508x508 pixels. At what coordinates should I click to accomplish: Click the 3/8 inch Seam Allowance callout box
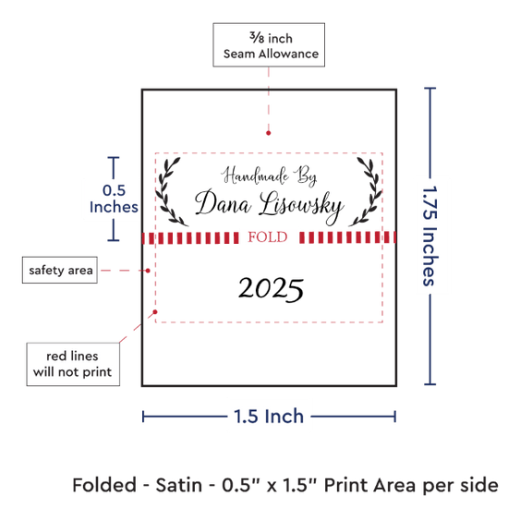[269, 44]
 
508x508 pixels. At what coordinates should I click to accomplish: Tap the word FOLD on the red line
[268, 237]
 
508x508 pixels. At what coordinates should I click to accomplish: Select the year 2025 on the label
[271, 289]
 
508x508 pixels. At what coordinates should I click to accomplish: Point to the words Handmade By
[269, 175]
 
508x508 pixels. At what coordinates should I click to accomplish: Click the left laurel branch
[170, 192]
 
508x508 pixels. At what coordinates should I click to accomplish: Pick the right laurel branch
[366, 192]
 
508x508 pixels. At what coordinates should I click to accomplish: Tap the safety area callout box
[60, 270]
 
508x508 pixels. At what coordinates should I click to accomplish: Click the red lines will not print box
[73, 364]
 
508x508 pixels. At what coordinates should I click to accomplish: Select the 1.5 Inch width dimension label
[269, 416]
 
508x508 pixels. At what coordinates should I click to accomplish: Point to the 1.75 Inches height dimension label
[430, 236]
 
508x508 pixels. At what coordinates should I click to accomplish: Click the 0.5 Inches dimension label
[114, 199]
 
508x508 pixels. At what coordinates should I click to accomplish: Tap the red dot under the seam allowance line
[268, 133]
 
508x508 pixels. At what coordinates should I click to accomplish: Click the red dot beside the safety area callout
[148, 271]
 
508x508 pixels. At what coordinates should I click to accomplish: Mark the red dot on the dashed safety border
[155, 311]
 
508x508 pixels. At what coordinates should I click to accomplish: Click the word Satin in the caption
[179, 485]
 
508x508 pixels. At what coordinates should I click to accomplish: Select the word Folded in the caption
[104, 485]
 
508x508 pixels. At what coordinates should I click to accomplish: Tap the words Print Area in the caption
[370, 485]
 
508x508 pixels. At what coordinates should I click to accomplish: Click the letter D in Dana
[205, 201]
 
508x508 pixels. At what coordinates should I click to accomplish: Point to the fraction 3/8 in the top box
[257, 37]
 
